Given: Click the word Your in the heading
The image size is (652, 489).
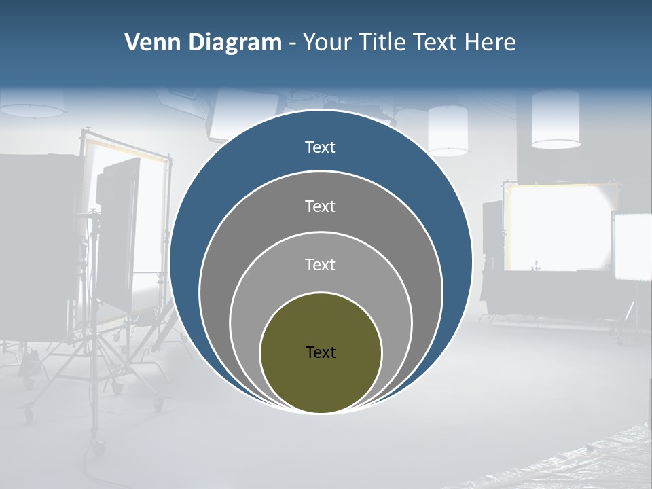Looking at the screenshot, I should [x=329, y=43].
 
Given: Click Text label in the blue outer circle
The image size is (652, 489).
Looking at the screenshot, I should [x=320, y=147].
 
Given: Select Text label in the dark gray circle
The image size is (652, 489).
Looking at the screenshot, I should [x=320, y=206].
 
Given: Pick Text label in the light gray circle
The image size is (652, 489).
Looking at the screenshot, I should [x=320, y=264].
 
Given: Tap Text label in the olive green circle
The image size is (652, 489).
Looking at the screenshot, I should [x=321, y=352].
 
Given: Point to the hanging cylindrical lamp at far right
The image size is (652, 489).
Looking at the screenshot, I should [x=556, y=120].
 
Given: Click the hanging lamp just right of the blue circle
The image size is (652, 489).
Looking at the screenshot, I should [x=448, y=130].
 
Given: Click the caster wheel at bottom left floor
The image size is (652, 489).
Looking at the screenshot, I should [x=99, y=448].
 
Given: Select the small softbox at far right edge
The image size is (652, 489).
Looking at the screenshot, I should [x=632, y=247].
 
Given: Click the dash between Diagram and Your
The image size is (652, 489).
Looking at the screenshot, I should [x=291, y=43].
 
